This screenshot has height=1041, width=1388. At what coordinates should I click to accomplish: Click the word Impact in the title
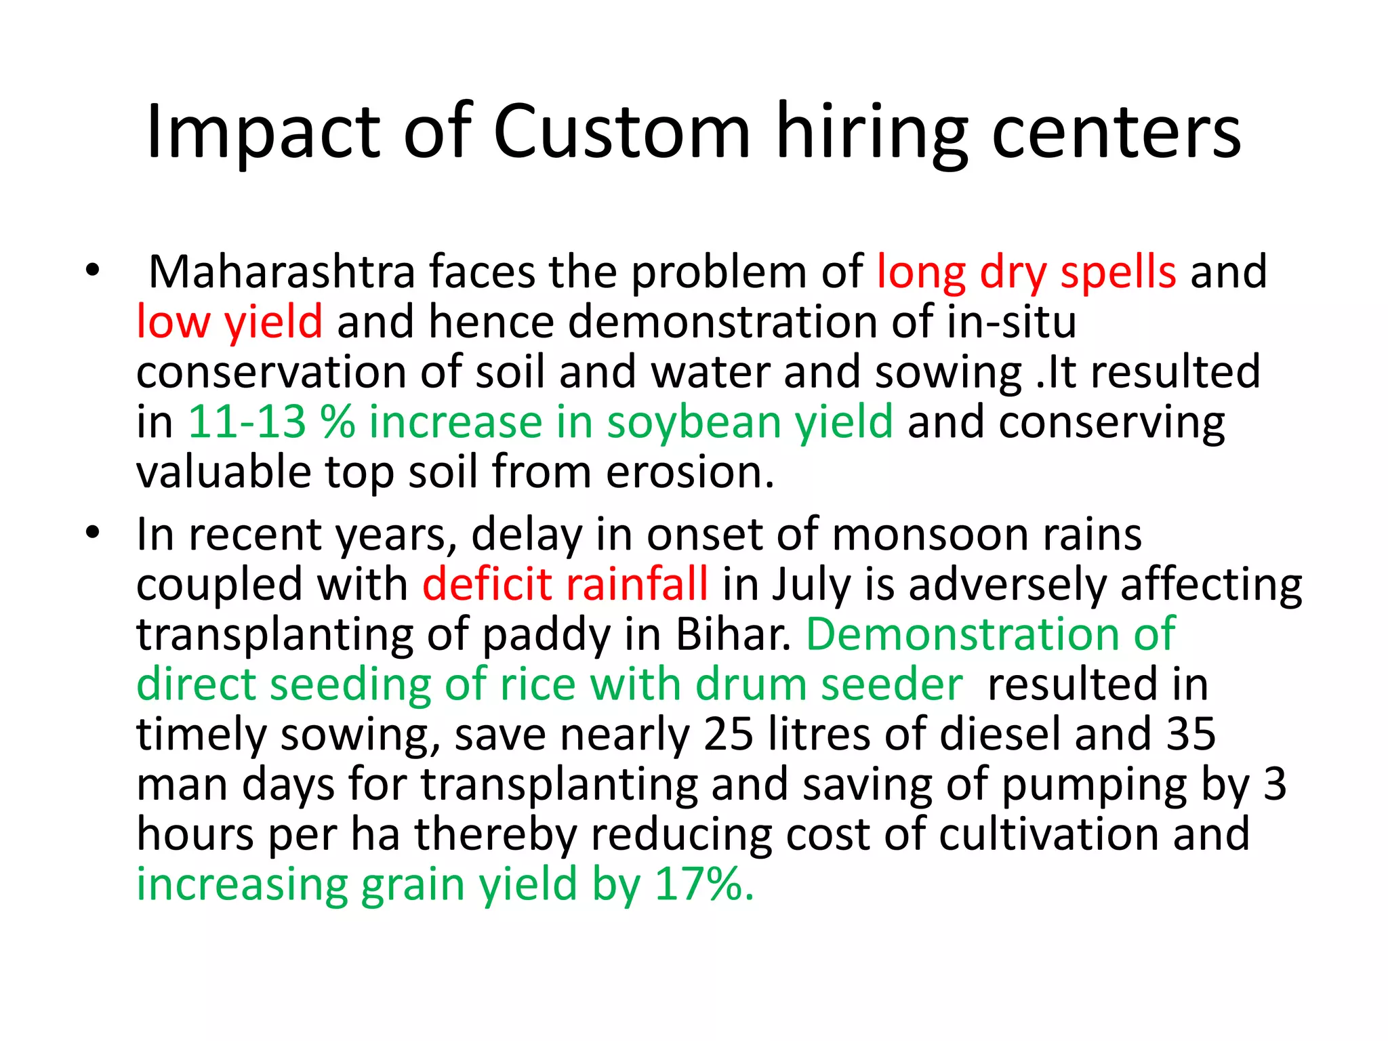pos(263,132)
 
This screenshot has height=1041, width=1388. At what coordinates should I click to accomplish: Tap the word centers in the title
pos(1116,132)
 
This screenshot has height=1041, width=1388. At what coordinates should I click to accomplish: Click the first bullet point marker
pos(92,270)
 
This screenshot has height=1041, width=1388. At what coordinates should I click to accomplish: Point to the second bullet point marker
pos(92,533)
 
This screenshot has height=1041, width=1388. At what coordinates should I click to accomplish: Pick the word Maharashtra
pos(281,272)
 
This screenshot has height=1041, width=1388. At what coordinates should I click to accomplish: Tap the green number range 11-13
pos(247,422)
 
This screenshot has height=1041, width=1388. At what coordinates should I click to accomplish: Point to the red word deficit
pos(487,584)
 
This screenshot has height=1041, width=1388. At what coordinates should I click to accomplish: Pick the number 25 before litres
pos(729,734)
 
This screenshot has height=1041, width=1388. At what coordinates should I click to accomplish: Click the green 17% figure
pos(703,884)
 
